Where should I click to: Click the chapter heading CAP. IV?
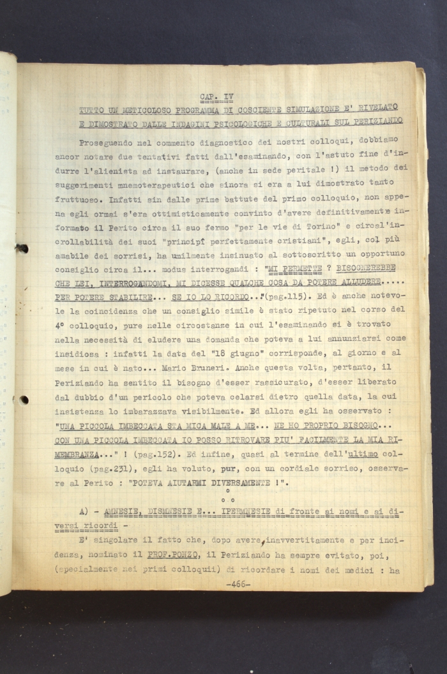[x=216, y=97]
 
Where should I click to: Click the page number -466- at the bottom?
[x=237, y=583]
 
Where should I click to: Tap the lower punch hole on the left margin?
[x=23, y=400]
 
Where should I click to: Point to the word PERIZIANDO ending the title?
[x=376, y=121]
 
